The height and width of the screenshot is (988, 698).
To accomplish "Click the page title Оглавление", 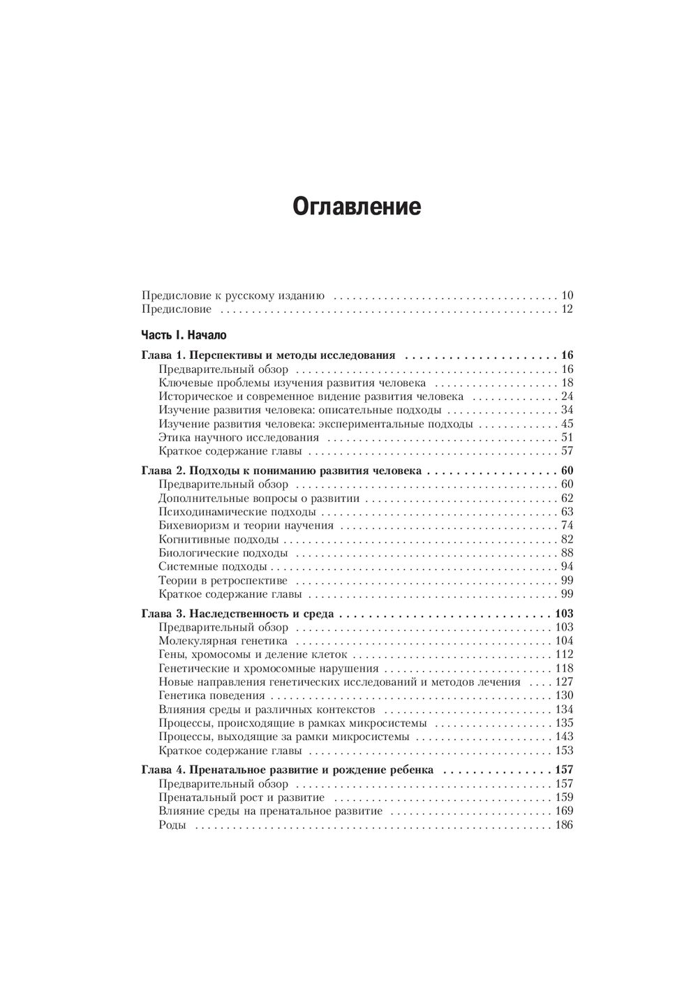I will tap(356, 207).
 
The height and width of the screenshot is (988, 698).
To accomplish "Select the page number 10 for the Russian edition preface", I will tap(566, 295).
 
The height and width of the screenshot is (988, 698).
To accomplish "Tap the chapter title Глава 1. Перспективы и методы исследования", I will tap(269, 355).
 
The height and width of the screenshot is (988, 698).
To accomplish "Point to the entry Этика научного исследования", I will tap(239, 438).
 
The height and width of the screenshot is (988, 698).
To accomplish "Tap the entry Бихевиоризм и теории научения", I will tap(246, 526).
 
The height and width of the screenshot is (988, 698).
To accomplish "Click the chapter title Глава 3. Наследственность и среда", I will tap(237, 614).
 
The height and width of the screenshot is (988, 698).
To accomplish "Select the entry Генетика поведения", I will tap(211, 695).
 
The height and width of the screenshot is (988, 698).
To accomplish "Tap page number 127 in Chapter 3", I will tap(563, 682).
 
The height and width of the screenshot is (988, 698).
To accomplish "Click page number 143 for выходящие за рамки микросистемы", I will tap(563, 737).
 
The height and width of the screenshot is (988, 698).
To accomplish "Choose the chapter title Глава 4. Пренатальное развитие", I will tap(287, 771).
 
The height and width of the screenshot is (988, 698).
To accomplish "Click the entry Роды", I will tap(172, 825).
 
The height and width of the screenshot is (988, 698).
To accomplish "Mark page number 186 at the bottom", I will tap(563, 825).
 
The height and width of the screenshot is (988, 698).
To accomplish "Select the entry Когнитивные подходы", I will tap(218, 539).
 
